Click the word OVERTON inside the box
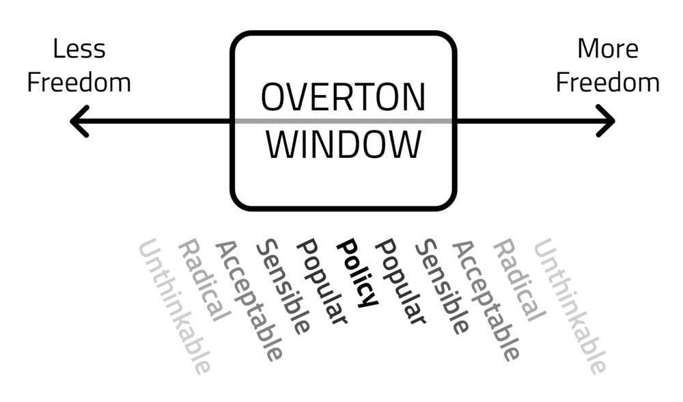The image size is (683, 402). coord(343,97)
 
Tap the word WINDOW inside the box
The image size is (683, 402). coord(343,145)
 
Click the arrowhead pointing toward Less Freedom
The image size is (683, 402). coord(80,121)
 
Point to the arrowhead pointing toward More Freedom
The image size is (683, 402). coord(605,121)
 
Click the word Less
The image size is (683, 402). coord(79,49)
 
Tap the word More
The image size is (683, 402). coord(608,49)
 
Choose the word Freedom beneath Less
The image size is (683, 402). coord(79,83)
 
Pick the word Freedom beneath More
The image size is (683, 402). coord(608,83)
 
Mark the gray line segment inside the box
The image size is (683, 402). coord(343,121)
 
